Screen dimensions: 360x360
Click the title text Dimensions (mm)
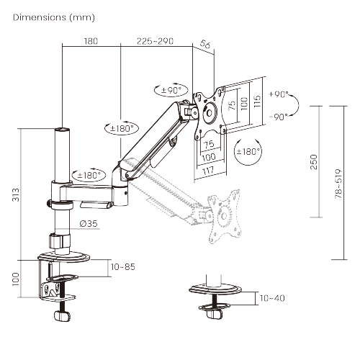53,17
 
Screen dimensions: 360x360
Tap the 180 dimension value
91,41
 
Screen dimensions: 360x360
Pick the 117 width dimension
208,171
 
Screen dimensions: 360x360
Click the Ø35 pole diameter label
89,223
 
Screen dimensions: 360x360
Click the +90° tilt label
278,94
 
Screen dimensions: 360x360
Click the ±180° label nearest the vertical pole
87,174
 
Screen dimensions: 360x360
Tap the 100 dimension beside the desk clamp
15,279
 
